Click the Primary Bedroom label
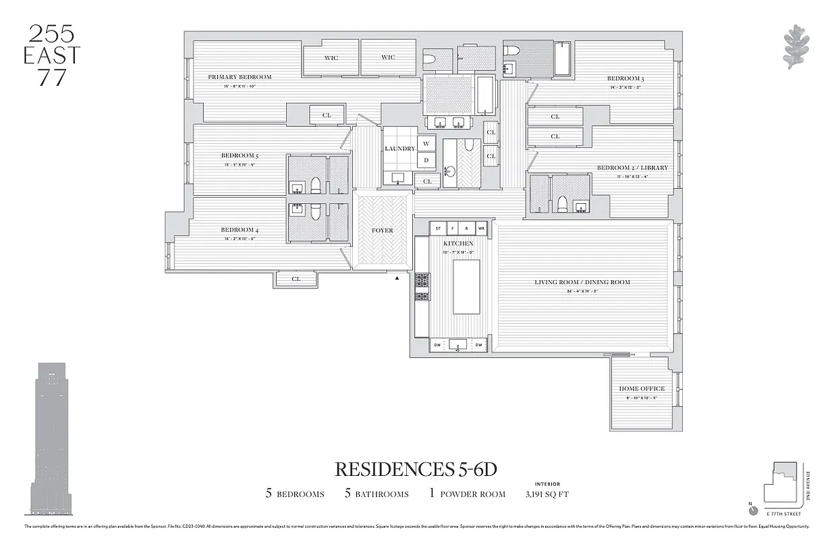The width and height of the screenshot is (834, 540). pyautogui.click(x=240, y=77)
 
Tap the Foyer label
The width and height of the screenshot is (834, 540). pyautogui.click(x=383, y=231)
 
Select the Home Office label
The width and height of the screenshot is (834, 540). pyautogui.click(x=642, y=389)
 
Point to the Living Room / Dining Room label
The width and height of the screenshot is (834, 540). pyautogui.click(x=582, y=282)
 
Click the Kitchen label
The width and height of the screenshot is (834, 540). pyautogui.click(x=458, y=243)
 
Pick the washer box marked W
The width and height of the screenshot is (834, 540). pyautogui.click(x=426, y=144)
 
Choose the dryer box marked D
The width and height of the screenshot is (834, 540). pyautogui.click(x=426, y=161)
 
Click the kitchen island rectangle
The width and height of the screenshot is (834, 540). pyautogui.click(x=466, y=287)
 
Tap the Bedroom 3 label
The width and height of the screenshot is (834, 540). pyautogui.click(x=625, y=79)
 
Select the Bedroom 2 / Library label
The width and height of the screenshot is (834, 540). pyautogui.click(x=632, y=167)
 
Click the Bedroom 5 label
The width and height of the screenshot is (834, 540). pyautogui.click(x=240, y=156)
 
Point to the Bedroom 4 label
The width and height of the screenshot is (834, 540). pyautogui.click(x=240, y=230)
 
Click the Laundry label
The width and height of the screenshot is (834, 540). pyautogui.click(x=399, y=148)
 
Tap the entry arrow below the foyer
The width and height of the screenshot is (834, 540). pyautogui.click(x=397, y=277)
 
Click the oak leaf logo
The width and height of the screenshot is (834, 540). pyautogui.click(x=796, y=47)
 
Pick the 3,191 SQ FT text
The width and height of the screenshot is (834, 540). pyautogui.click(x=547, y=494)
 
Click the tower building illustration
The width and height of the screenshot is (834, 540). pyautogui.click(x=51, y=439)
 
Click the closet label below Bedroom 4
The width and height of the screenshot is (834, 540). pyautogui.click(x=296, y=279)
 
